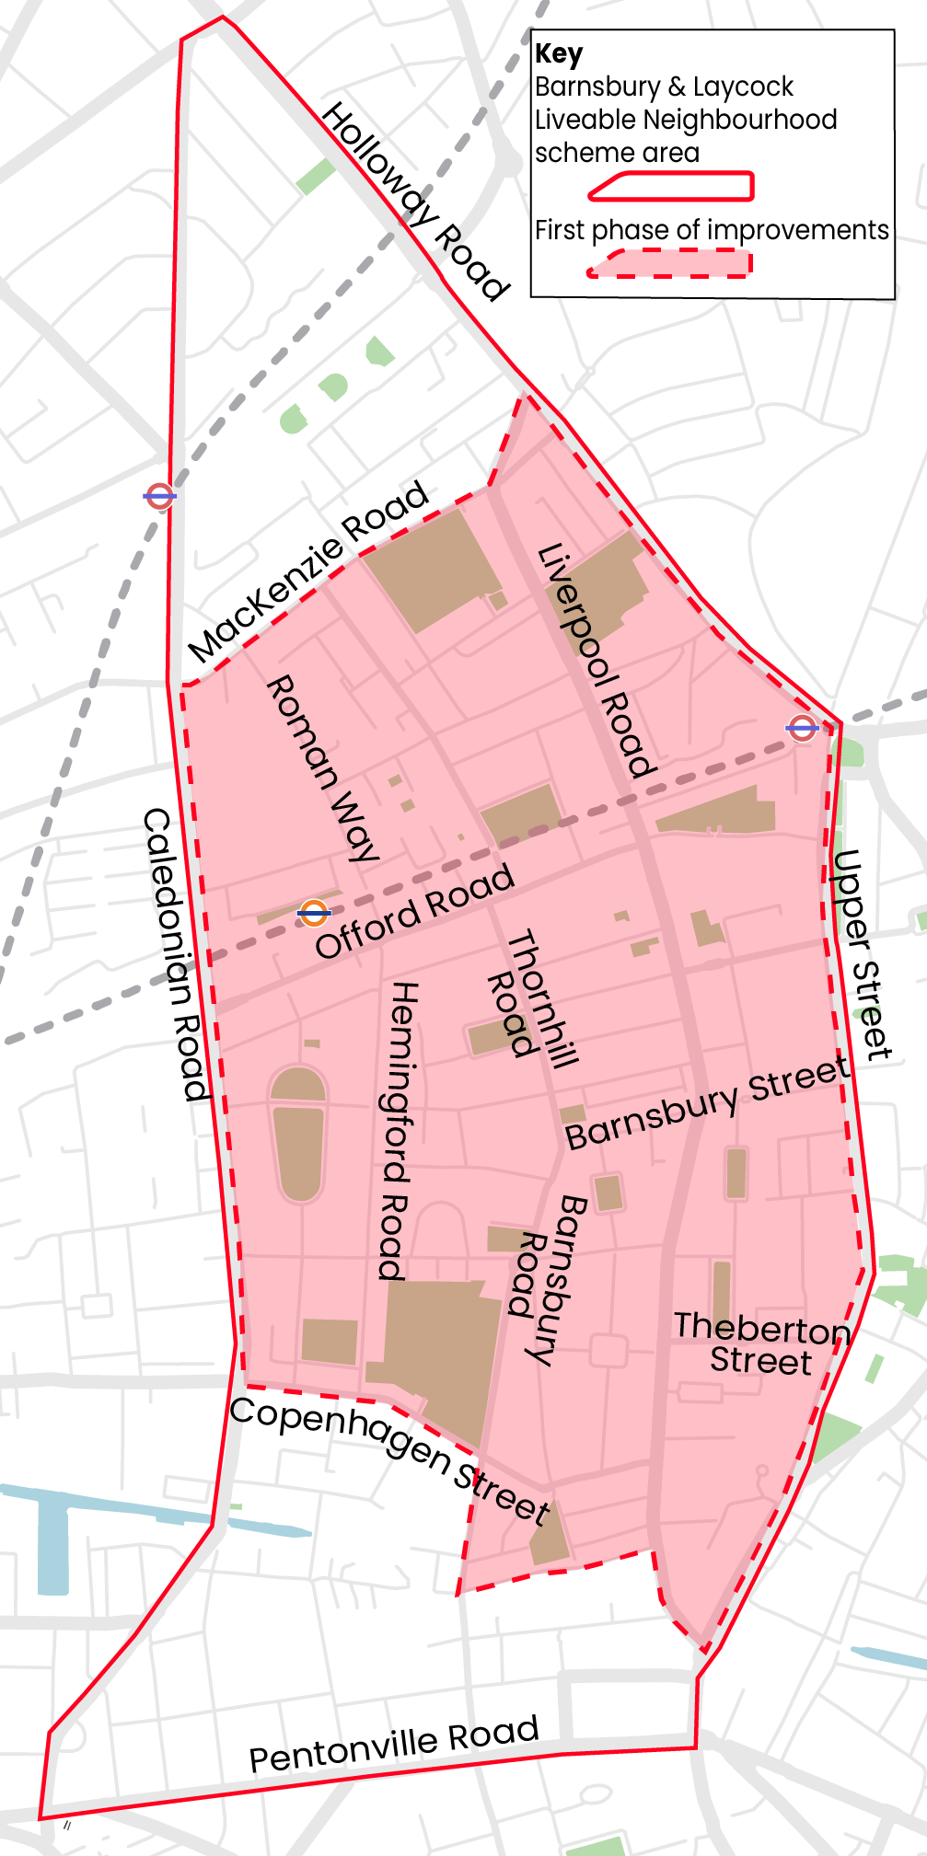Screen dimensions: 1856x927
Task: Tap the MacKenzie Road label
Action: point(308,571)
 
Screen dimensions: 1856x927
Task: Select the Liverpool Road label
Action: point(597,661)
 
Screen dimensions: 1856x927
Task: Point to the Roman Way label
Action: point(323,768)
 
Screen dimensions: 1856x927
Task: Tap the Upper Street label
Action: point(862,954)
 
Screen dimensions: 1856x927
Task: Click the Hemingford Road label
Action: point(399,1131)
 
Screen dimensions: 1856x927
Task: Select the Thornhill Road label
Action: point(532,999)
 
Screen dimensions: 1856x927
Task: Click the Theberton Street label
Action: point(761,1343)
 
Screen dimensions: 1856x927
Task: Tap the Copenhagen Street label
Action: point(390,1458)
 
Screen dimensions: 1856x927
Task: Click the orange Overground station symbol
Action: point(314,913)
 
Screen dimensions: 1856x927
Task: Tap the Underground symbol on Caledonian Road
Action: point(159,496)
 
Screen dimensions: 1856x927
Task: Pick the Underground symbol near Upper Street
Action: point(802,728)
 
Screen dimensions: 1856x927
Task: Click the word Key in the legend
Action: point(558,54)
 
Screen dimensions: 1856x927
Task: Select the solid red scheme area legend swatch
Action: point(671,186)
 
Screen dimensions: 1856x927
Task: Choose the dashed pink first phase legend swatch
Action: point(670,263)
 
